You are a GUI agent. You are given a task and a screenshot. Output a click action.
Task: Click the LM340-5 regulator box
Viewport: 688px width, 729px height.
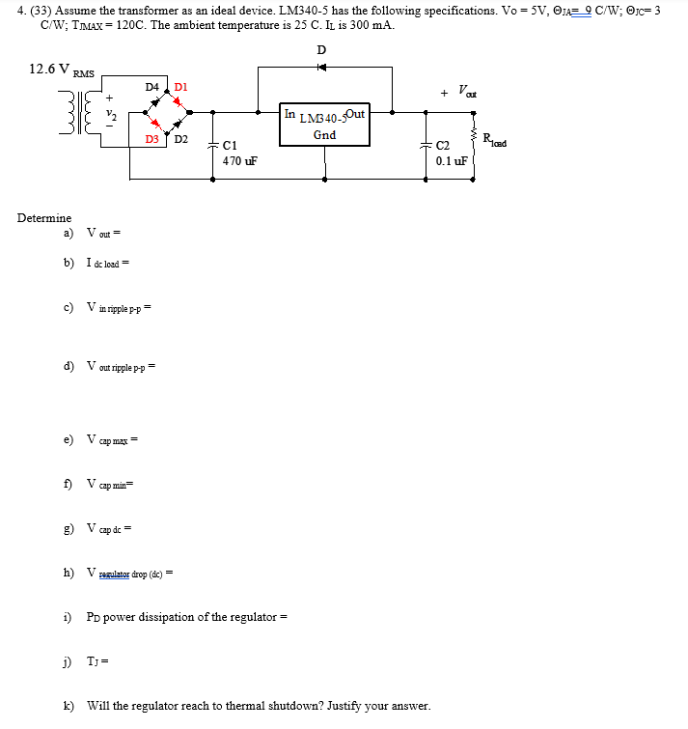tap(324, 125)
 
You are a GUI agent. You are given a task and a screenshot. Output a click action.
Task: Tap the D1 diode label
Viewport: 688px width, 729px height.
tap(179, 87)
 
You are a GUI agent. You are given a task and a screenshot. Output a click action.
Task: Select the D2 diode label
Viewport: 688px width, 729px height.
tap(181, 140)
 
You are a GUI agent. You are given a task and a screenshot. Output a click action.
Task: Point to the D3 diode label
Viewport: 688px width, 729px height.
tap(151, 140)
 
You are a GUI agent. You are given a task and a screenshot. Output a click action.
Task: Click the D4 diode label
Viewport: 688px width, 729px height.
tap(151, 87)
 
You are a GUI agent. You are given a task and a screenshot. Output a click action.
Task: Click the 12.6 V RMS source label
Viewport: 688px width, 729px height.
tap(62, 70)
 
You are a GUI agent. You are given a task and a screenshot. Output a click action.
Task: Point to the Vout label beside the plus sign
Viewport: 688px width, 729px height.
tap(469, 93)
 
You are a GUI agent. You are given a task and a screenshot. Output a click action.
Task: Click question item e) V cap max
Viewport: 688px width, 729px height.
tap(102, 440)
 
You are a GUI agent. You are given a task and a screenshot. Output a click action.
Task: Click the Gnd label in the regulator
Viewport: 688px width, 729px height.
tap(324, 135)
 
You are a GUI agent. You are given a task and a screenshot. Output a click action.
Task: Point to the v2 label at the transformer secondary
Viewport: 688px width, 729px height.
tap(109, 115)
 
